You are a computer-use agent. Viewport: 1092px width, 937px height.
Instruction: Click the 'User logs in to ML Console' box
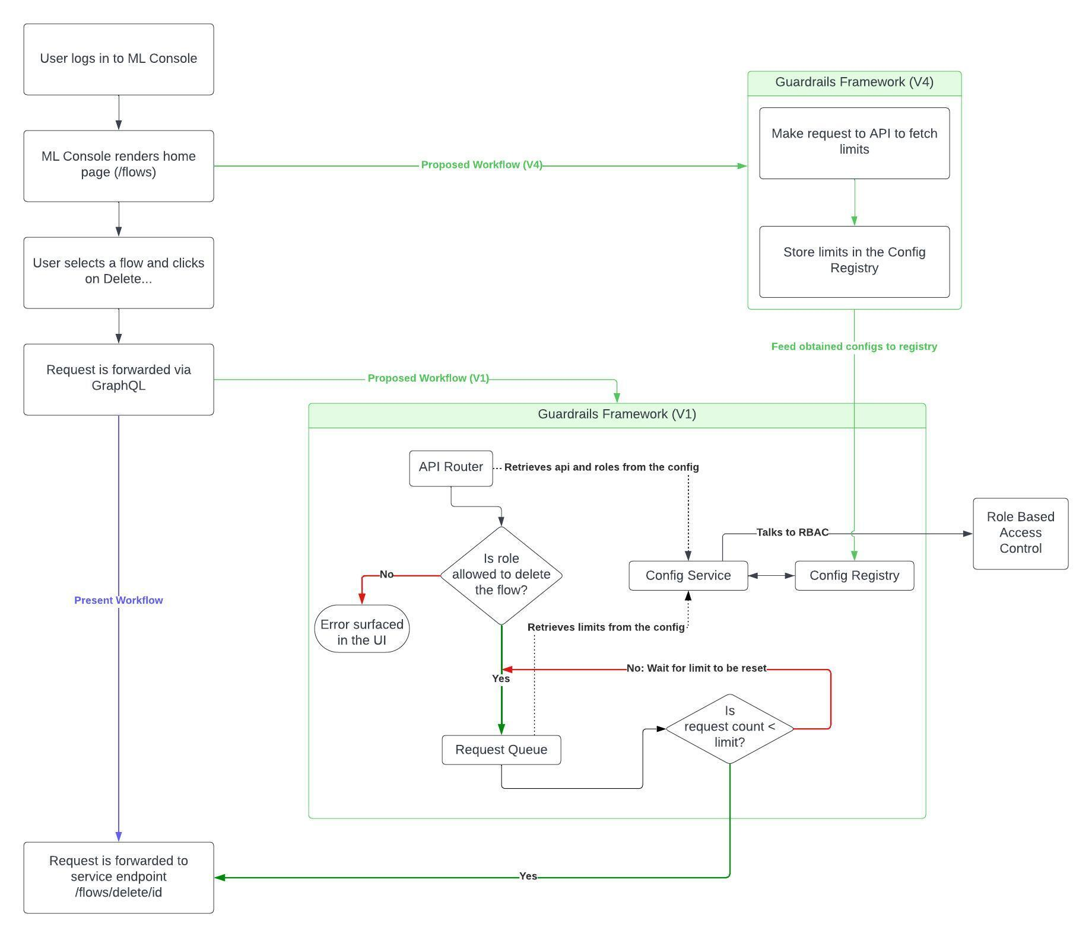tap(119, 59)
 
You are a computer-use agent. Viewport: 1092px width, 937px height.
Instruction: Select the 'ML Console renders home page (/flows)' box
tap(119, 165)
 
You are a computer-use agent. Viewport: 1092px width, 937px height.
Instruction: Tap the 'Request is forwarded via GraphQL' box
tap(119, 378)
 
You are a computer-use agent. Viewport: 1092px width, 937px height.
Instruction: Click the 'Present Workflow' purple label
tap(119, 600)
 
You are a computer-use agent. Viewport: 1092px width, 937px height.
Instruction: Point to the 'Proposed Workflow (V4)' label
tap(481, 165)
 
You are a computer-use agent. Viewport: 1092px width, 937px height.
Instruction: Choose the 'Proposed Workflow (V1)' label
tap(428, 378)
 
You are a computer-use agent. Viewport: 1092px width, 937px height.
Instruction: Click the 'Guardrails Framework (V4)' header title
tap(854, 82)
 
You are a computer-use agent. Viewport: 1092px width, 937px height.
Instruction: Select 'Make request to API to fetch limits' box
tap(854, 142)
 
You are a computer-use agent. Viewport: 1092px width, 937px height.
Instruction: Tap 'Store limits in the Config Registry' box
tap(854, 261)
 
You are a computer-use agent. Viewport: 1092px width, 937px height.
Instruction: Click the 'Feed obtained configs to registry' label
tap(854, 346)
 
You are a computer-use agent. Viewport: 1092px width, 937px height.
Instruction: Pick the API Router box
tap(451, 468)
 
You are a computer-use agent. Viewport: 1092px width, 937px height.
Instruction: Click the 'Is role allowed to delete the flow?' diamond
tap(501, 575)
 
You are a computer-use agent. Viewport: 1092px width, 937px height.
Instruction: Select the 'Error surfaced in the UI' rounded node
tap(362, 629)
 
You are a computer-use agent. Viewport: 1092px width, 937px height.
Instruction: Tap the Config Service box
tap(688, 575)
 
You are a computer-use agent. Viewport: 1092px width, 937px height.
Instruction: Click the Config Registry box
tap(854, 575)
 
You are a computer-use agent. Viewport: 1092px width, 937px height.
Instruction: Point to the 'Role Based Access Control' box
tap(1020, 533)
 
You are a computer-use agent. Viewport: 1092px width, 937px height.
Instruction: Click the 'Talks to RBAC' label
tap(792, 533)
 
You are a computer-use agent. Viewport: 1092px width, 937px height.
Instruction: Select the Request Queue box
tap(501, 750)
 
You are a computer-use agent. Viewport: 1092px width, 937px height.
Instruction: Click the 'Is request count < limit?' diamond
tap(729, 728)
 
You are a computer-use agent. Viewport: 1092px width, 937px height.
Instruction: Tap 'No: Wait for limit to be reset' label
tap(696, 668)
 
